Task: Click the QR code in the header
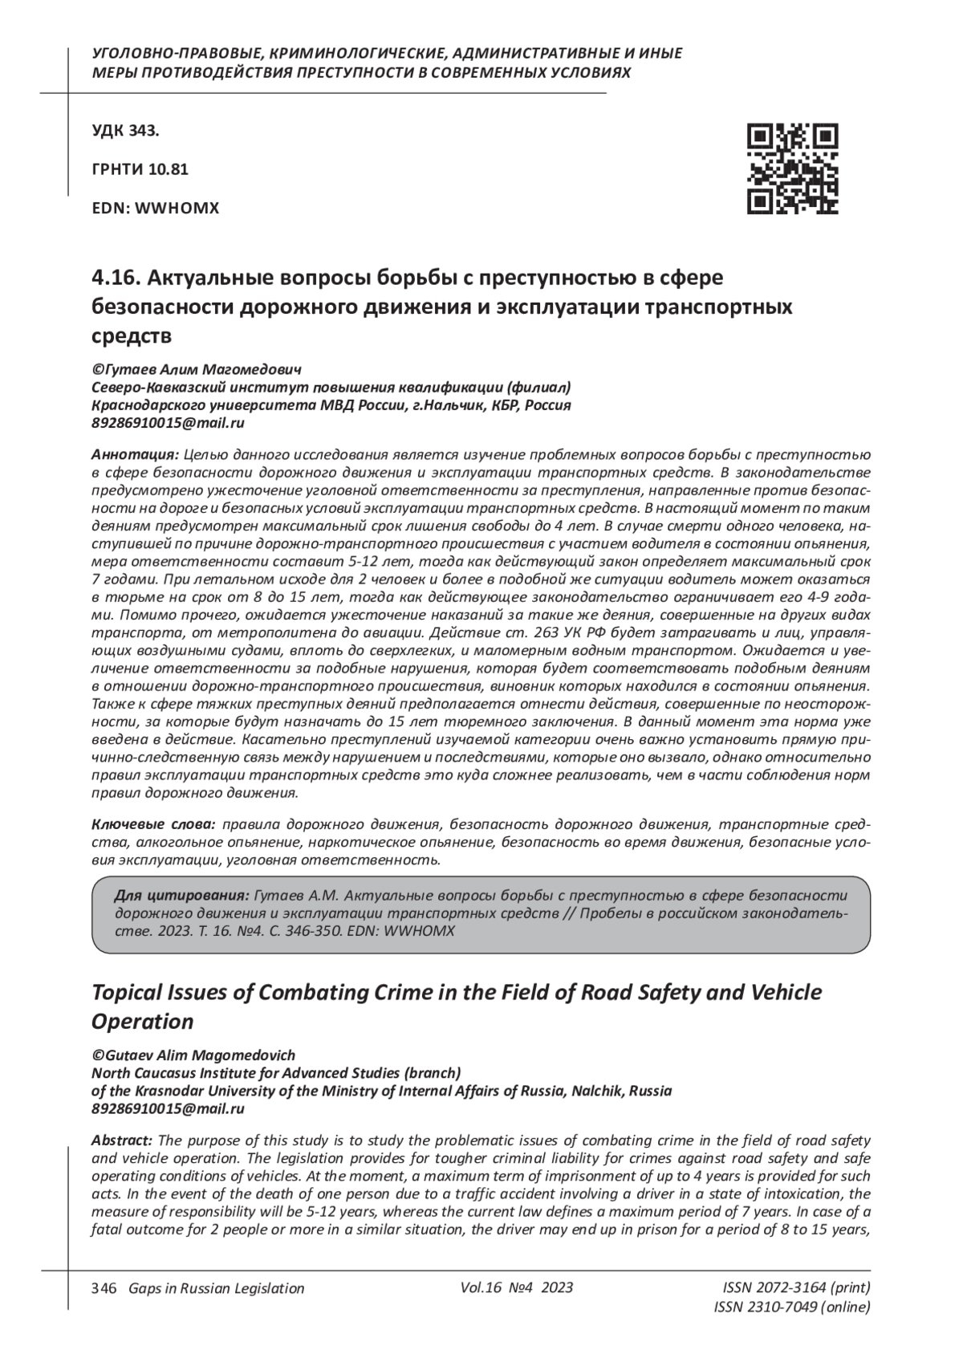792,169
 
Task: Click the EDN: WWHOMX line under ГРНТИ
156,209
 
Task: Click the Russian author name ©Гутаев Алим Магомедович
197,370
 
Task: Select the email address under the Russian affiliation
169,423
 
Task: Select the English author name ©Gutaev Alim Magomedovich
193,1055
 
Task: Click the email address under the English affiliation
169,1108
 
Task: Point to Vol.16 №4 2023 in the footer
517,1287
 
